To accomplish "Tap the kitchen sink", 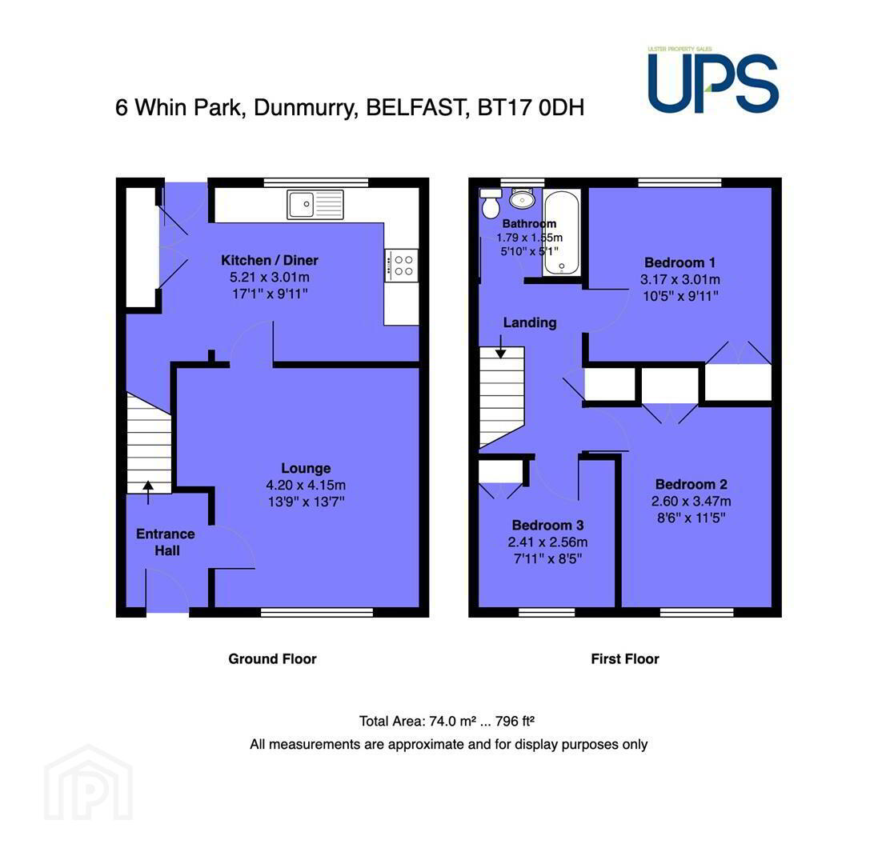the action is pyautogui.click(x=315, y=204).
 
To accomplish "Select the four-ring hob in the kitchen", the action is pyautogui.click(x=401, y=265).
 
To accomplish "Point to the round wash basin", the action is pyautogui.click(x=523, y=198).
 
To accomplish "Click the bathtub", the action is pyautogui.click(x=561, y=233).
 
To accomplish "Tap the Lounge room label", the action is pyautogui.click(x=306, y=468).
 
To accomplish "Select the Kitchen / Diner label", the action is pyautogui.click(x=270, y=260).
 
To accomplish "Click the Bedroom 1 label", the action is pyautogui.click(x=680, y=262).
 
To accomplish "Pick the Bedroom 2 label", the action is pyautogui.click(x=692, y=484).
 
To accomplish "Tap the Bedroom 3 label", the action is pyautogui.click(x=547, y=525).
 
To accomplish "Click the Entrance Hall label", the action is pyautogui.click(x=166, y=542).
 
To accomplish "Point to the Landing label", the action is pyautogui.click(x=530, y=322).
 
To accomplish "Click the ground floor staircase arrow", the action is pyautogui.click(x=148, y=493).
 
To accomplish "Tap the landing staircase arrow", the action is pyautogui.click(x=500, y=346).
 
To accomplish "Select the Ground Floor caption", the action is pyautogui.click(x=272, y=658).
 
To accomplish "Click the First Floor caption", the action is pyautogui.click(x=625, y=658).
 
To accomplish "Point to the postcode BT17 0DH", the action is pyautogui.click(x=531, y=107).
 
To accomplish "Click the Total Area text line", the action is pyautogui.click(x=447, y=721).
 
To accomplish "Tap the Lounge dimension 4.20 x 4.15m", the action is pyautogui.click(x=306, y=485).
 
